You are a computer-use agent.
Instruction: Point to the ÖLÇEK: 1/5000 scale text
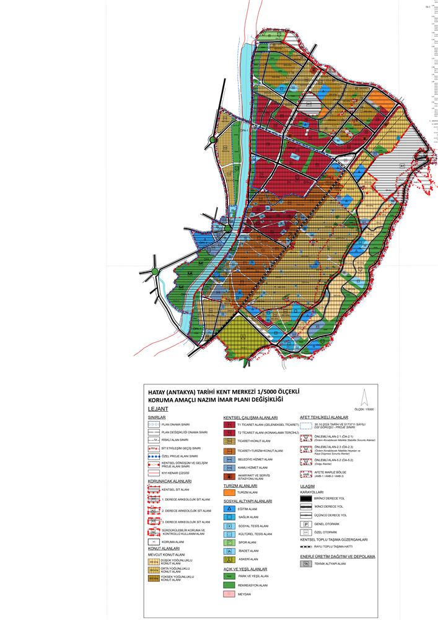click(365, 410)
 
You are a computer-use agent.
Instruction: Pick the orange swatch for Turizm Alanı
click(230, 492)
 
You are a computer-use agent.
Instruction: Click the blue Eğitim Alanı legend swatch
click(230, 508)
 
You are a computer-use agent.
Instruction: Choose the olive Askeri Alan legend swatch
click(230, 559)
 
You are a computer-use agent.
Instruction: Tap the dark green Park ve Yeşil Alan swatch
click(230, 575)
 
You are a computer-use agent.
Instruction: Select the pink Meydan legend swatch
click(230, 593)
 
